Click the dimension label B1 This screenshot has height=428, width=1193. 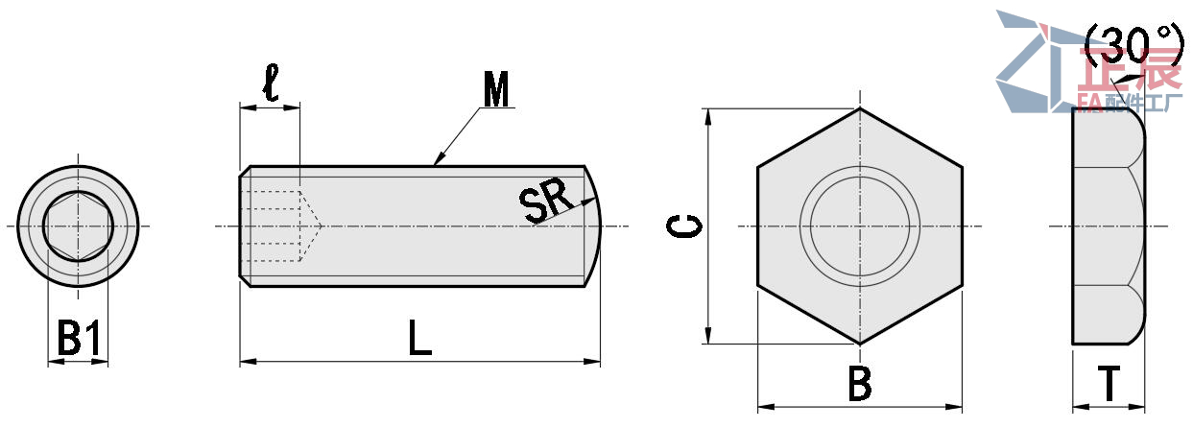[x=78, y=339]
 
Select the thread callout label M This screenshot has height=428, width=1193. [x=496, y=90]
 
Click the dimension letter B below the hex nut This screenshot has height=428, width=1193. [x=859, y=385]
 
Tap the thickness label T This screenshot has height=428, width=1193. [x=1109, y=385]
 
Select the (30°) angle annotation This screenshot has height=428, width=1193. [x=1133, y=43]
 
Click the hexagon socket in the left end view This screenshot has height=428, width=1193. [x=78, y=226]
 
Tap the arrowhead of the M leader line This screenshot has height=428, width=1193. [x=439, y=159]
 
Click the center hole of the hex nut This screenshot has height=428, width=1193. [x=859, y=226]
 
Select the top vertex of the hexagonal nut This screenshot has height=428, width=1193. [x=859, y=108]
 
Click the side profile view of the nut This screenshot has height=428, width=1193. [x=1107, y=226]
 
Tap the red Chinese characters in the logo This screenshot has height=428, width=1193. [x=1133, y=72]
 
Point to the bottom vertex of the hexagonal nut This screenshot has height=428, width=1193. [x=859, y=344]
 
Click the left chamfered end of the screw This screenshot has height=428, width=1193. [x=244, y=226]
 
